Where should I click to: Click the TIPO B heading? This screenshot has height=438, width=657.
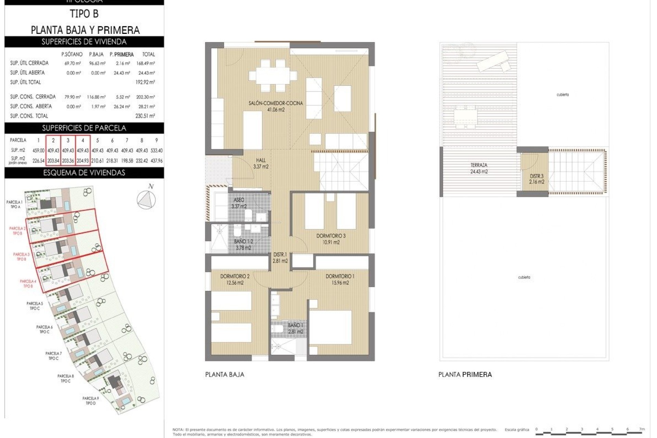pos(84,14)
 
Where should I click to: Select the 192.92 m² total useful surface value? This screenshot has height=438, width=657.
pos(145,82)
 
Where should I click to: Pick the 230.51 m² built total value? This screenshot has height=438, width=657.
pos(145,116)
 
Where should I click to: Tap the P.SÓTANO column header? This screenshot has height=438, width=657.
pos(72,54)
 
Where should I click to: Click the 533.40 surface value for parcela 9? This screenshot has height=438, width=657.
pos(156,151)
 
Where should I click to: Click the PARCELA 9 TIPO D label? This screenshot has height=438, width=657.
pos(90,401)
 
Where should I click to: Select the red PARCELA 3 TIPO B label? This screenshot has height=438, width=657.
pos(21,257)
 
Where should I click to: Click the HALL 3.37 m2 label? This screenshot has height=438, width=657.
pos(261,163)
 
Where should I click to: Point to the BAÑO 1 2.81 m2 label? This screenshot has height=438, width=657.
pos(295,328)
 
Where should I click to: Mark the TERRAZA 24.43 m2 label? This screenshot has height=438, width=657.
pos(479,168)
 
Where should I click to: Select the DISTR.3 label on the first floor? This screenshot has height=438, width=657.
pos(536,179)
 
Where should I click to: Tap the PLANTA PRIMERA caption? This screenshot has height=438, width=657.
pos(465,375)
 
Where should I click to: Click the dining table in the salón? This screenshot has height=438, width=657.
pos(273,75)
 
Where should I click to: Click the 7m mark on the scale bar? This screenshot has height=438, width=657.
pos(642,429)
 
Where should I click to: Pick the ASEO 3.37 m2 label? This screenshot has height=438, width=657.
pos(239,203)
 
